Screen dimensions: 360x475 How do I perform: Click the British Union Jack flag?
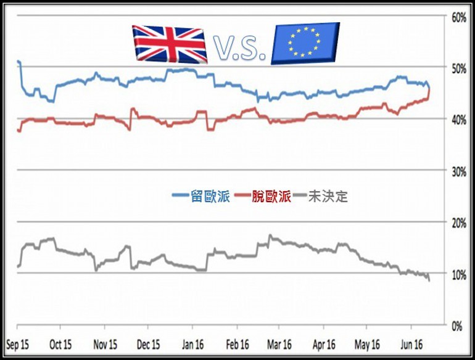pos(170,44)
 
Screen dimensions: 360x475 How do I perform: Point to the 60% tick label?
pos(458,17)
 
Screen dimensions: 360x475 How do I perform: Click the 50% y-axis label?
pos(458,68)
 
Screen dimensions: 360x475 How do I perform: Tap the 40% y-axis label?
pos(458,120)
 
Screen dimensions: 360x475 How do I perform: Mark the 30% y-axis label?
pos(458,171)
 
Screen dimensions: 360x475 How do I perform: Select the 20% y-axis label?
pos(458,223)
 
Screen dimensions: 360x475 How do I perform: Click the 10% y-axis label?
pos(458,274)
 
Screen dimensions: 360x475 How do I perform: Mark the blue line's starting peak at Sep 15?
pos(19,62)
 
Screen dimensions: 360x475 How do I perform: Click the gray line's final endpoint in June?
pos(429,281)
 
